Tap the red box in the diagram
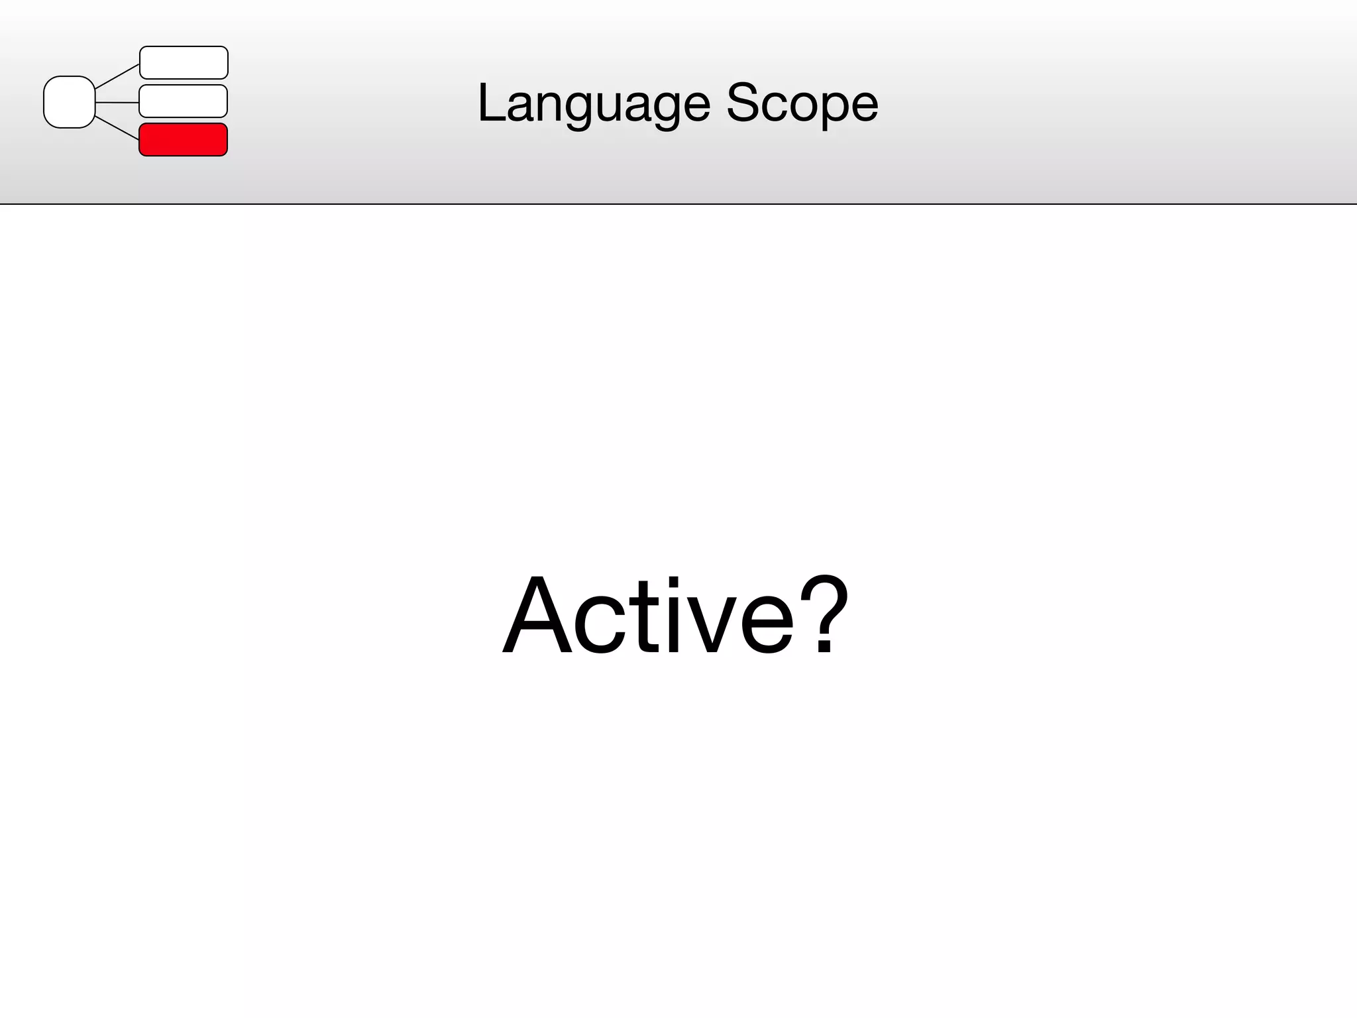pos(184,140)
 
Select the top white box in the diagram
pos(184,62)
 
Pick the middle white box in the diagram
pos(184,101)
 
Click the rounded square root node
pos(69,102)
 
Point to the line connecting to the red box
pos(117,127)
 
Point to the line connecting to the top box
pos(117,77)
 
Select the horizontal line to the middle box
pos(117,103)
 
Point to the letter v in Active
pos(710,624)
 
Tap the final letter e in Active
pos(766,624)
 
